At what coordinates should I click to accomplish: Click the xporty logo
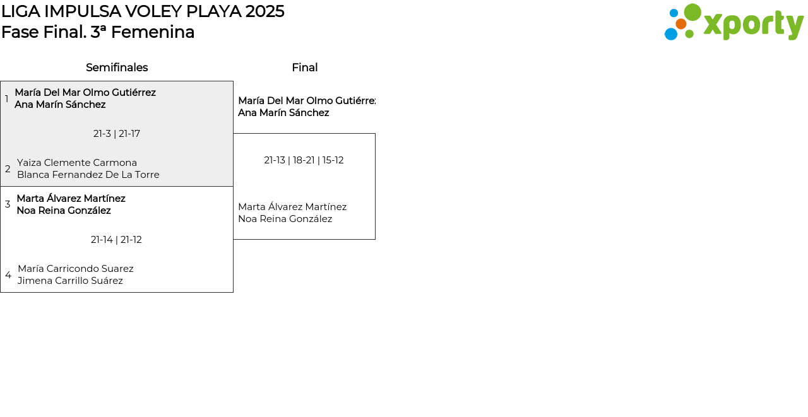coord(734,22)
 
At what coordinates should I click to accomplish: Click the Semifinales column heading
coord(117,68)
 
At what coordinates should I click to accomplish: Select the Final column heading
coord(305,68)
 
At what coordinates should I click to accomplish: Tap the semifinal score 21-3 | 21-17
coord(117,134)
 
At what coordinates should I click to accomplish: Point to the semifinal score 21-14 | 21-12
coord(116,240)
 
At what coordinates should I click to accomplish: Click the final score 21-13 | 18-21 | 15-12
coord(304,160)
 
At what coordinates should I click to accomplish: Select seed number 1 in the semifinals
coord(6,98)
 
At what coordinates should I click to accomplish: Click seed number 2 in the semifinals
coord(8,168)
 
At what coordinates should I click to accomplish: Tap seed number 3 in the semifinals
coord(8,204)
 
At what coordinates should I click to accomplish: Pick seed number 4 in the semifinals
coord(8,274)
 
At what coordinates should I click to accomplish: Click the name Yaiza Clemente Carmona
coord(77,163)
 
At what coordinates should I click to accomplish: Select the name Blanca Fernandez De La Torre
coord(88,175)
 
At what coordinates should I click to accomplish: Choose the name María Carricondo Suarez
coord(76,269)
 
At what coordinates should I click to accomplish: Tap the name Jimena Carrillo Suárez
coord(70,281)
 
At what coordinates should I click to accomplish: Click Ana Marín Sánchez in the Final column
coord(283,113)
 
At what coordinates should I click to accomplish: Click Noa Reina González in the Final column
coord(285,219)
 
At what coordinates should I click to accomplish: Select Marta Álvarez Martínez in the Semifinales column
coord(71,199)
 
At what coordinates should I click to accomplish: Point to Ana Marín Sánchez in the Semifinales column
coord(60,105)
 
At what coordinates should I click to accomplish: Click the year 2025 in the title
coord(264,11)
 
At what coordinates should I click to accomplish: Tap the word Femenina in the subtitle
coord(153,32)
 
